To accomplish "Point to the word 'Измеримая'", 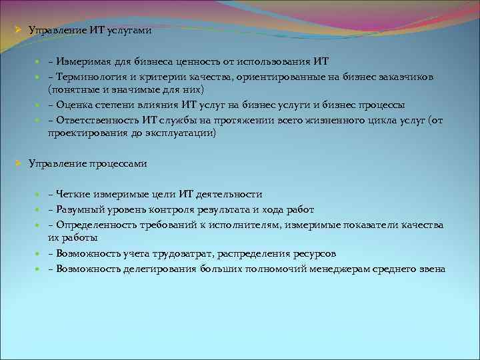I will coord(84,62).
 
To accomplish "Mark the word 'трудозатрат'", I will coord(187,253).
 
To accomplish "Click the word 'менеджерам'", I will coord(349,269).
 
